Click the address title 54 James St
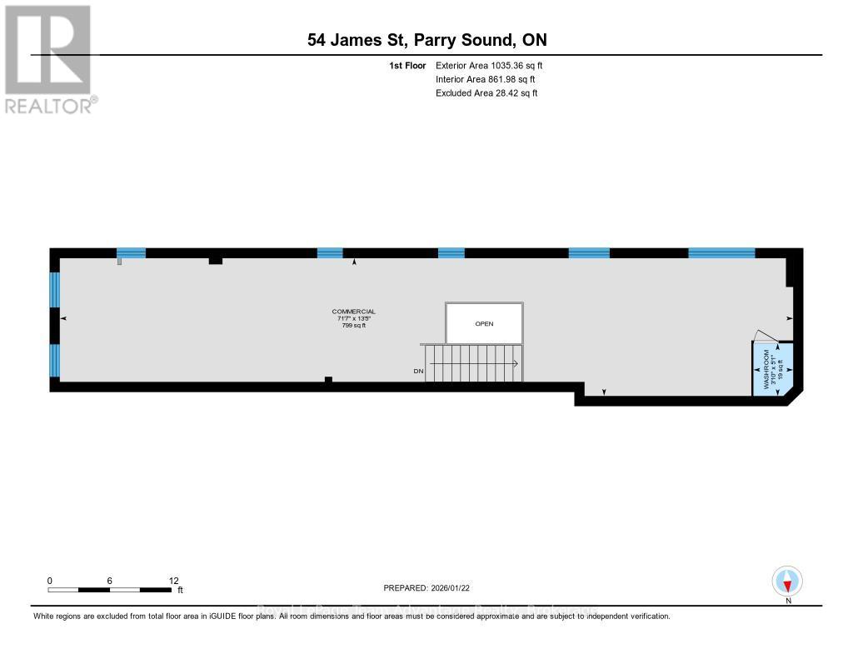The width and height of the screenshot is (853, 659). (426, 40)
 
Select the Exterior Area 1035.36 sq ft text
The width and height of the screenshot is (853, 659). (489, 65)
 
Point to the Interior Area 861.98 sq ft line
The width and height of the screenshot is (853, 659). (486, 79)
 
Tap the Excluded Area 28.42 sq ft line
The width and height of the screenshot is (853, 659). (486, 93)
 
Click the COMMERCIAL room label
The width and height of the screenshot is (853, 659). (353, 312)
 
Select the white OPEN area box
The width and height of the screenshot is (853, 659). (484, 323)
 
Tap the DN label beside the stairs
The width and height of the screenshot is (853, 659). (417, 371)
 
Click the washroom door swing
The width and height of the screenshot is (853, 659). (764, 337)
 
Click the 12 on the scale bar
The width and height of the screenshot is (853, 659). (173, 581)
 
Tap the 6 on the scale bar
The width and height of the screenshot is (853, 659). (109, 581)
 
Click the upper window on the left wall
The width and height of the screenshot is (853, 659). (55, 290)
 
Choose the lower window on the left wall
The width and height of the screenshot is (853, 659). (55, 360)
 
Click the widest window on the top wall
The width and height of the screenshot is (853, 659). (721, 253)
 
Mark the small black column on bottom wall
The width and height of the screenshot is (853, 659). (328, 381)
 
